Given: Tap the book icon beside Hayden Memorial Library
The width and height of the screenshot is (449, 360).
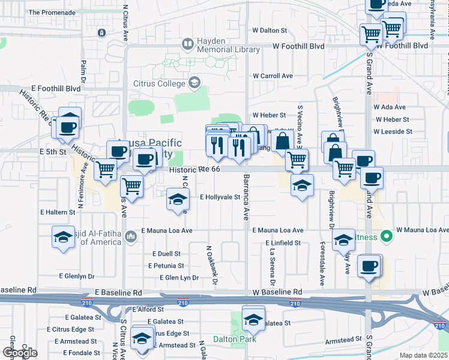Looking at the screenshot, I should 188,44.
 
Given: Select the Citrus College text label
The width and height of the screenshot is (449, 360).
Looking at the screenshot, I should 158,83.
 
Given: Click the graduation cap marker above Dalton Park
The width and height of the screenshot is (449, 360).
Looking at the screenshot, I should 253,318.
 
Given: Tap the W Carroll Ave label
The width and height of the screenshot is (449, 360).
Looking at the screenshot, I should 273,76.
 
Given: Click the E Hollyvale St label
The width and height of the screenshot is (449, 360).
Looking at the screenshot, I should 220,197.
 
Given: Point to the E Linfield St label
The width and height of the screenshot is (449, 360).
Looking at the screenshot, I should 283,242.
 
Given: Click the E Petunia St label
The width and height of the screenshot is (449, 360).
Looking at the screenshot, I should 166,265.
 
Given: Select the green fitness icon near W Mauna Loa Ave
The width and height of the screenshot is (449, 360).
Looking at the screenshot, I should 387,236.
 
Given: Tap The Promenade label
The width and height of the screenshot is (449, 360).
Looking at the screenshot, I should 50,12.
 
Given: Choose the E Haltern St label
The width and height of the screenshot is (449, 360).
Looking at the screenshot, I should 58,212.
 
